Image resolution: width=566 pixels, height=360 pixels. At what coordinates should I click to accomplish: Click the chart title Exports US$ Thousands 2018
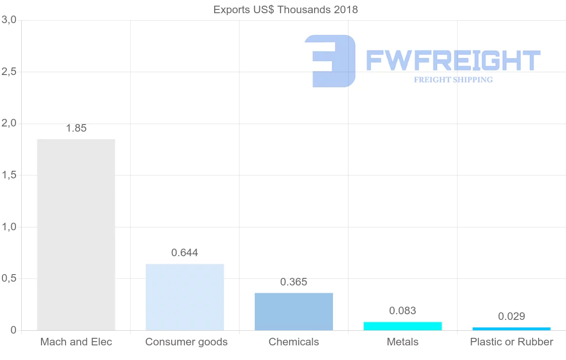(285, 9)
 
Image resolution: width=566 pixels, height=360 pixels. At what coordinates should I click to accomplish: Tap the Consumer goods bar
(185, 297)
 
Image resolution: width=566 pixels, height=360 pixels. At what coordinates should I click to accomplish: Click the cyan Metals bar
(403, 326)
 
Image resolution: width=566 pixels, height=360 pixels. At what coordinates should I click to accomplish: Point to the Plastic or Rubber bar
(511, 328)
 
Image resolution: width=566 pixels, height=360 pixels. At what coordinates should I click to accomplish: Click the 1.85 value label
(76, 128)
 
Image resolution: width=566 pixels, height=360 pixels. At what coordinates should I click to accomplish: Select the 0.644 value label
(185, 252)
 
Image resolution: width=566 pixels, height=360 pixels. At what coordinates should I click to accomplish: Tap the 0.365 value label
(294, 282)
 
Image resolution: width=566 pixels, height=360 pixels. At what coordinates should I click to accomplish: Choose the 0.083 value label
(403, 310)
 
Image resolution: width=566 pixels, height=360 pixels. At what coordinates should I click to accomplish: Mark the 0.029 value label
(511, 316)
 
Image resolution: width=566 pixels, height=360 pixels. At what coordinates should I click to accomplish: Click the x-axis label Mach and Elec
(76, 342)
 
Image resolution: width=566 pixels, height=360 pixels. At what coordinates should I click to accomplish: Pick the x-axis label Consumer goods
(186, 342)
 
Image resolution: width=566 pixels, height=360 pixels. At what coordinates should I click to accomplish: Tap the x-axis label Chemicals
(294, 342)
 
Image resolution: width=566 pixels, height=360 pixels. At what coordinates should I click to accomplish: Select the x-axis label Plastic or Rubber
(511, 342)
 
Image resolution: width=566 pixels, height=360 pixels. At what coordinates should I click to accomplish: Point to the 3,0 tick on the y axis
(9, 20)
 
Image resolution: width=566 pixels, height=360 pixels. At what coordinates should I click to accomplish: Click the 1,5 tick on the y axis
(9, 175)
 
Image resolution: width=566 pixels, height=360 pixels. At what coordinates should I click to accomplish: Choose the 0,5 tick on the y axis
(9, 278)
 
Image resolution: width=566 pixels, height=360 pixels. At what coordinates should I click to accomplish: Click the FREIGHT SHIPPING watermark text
(453, 80)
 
